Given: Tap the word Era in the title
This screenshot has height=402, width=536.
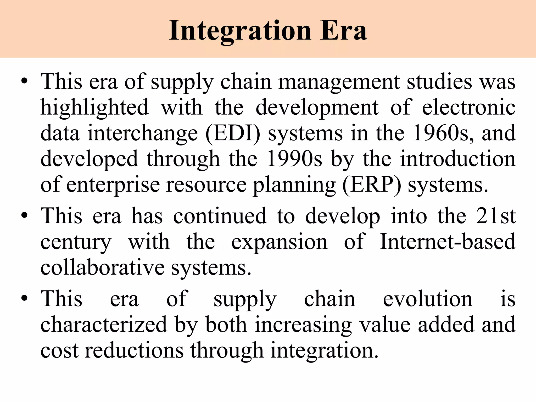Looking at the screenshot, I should [343, 31].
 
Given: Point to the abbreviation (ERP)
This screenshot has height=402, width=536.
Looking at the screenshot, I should [372, 185].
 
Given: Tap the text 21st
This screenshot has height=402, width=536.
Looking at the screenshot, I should [496, 216].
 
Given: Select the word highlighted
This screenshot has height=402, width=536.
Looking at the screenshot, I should [94, 108].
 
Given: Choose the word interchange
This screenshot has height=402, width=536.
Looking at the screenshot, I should [143, 133].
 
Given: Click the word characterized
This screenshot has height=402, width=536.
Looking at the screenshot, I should [104, 325].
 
